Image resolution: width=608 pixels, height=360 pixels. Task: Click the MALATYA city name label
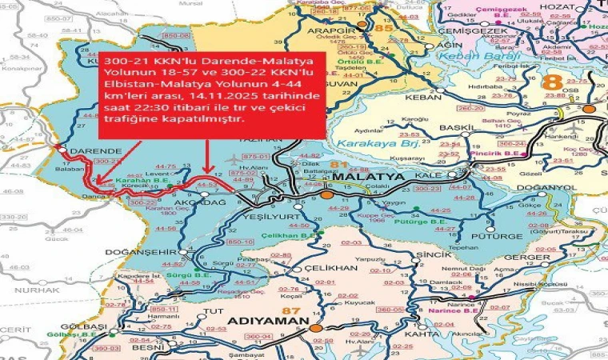[x=365, y=177]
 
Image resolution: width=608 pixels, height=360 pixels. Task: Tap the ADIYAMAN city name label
[x=270, y=322]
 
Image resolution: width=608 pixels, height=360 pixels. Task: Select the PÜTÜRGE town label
[x=501, y=237]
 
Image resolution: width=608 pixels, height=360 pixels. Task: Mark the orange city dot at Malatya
[x=326, y=193]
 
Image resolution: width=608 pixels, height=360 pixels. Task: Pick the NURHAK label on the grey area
[x=26, y=290]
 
